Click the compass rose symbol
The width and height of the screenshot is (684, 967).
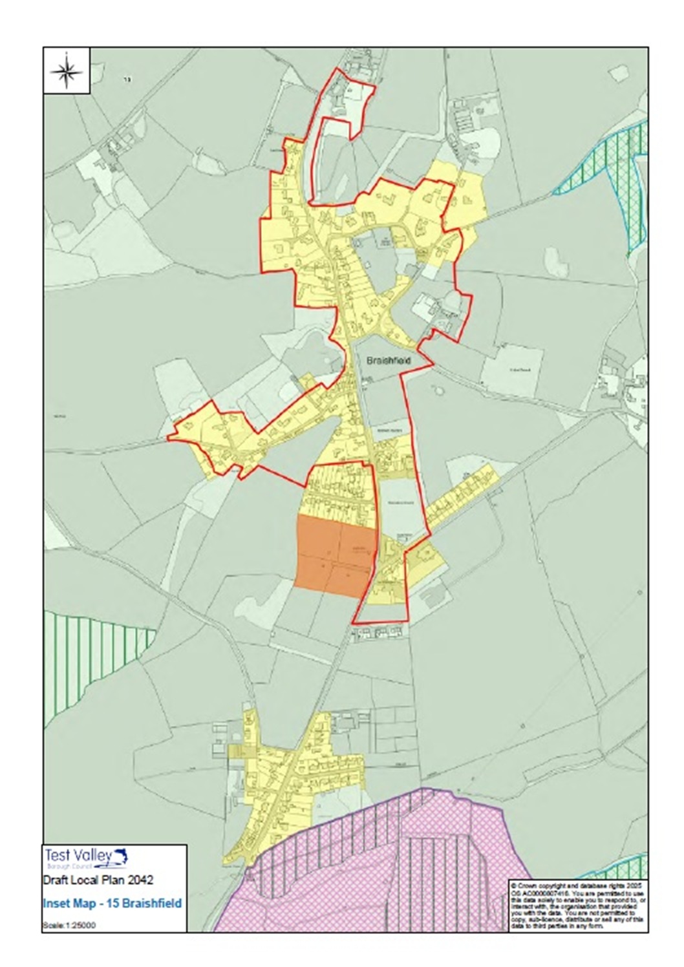point(67,71)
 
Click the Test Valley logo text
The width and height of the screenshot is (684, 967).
point(77,856)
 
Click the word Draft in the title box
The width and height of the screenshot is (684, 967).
point(56,880)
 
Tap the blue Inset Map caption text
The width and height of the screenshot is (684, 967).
point(112,903)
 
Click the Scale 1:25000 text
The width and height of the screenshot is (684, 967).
point(69,925)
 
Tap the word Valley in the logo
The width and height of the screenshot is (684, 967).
point(90,856)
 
